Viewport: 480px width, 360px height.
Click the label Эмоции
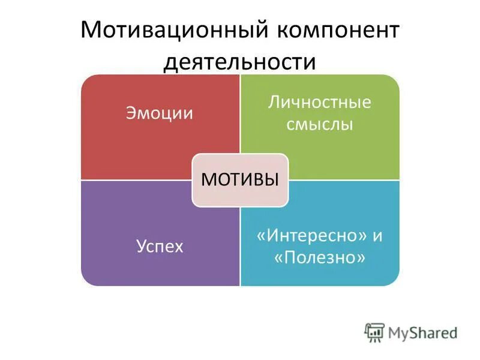(x=160, y=113)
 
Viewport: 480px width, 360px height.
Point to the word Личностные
(x=320, y=101)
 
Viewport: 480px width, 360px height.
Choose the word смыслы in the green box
(x=320, y=124)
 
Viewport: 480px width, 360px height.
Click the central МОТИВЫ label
(x=240, y=179)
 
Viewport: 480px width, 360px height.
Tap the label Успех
(x=160, y=245)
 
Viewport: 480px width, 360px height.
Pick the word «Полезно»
(x=320, y=258)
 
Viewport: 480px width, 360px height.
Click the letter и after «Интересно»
(x=377, y=235)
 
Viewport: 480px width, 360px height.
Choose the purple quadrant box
(x=132, y=264)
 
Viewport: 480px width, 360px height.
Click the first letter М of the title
(x=89, y=31)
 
